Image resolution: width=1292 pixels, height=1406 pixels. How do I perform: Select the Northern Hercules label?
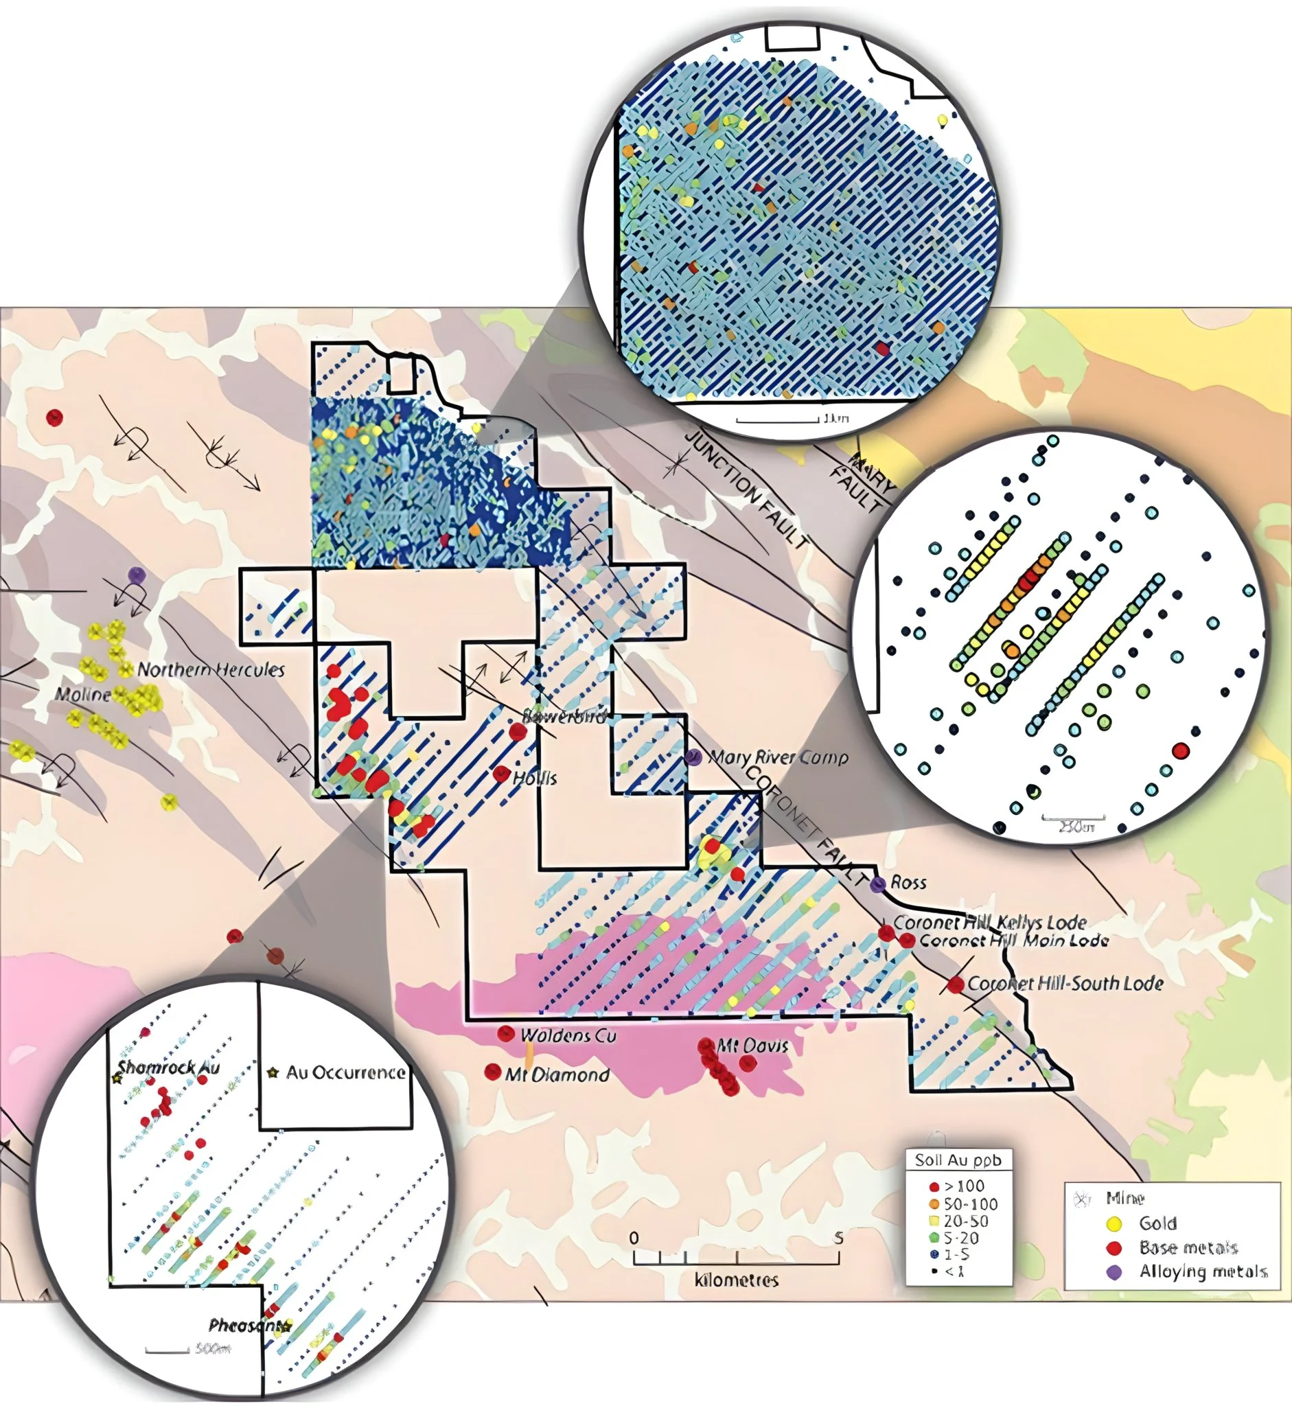[x=211, y=670]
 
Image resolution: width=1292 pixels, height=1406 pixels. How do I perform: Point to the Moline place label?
[x=82, y=694]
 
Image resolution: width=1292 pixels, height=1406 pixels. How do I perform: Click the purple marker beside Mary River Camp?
[x=693, y=757]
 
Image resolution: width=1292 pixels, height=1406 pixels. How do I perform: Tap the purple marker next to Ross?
[x=878, y=884]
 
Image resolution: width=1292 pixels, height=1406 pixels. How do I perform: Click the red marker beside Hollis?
[x=501, y=774]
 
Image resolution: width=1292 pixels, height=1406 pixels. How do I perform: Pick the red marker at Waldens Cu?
[x=505, y=1033]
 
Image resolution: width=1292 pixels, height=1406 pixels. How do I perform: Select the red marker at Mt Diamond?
[x=493, y=1071]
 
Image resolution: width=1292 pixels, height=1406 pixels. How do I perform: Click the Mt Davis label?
[x=754, y=1046]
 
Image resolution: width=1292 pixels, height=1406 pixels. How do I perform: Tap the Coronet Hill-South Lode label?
[x=1065, y=984]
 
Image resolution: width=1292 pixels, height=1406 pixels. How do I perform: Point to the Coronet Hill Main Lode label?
[x=1014, y=941]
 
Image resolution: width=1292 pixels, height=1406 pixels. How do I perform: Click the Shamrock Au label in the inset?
[x=168, y=1068]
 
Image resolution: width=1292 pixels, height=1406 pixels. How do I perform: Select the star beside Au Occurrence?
[x=273, y=1072]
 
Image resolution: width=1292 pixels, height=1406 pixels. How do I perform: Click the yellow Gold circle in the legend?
[x=1114, y=1223]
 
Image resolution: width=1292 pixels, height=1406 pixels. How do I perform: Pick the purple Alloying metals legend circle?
[x=1114, y=1271]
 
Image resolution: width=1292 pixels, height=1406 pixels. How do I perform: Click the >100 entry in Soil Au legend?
[x=964, y=1186]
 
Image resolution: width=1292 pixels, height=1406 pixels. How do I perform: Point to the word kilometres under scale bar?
[x=736, y=1280]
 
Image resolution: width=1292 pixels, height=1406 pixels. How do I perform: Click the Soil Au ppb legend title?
[x=958, y=1161]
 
